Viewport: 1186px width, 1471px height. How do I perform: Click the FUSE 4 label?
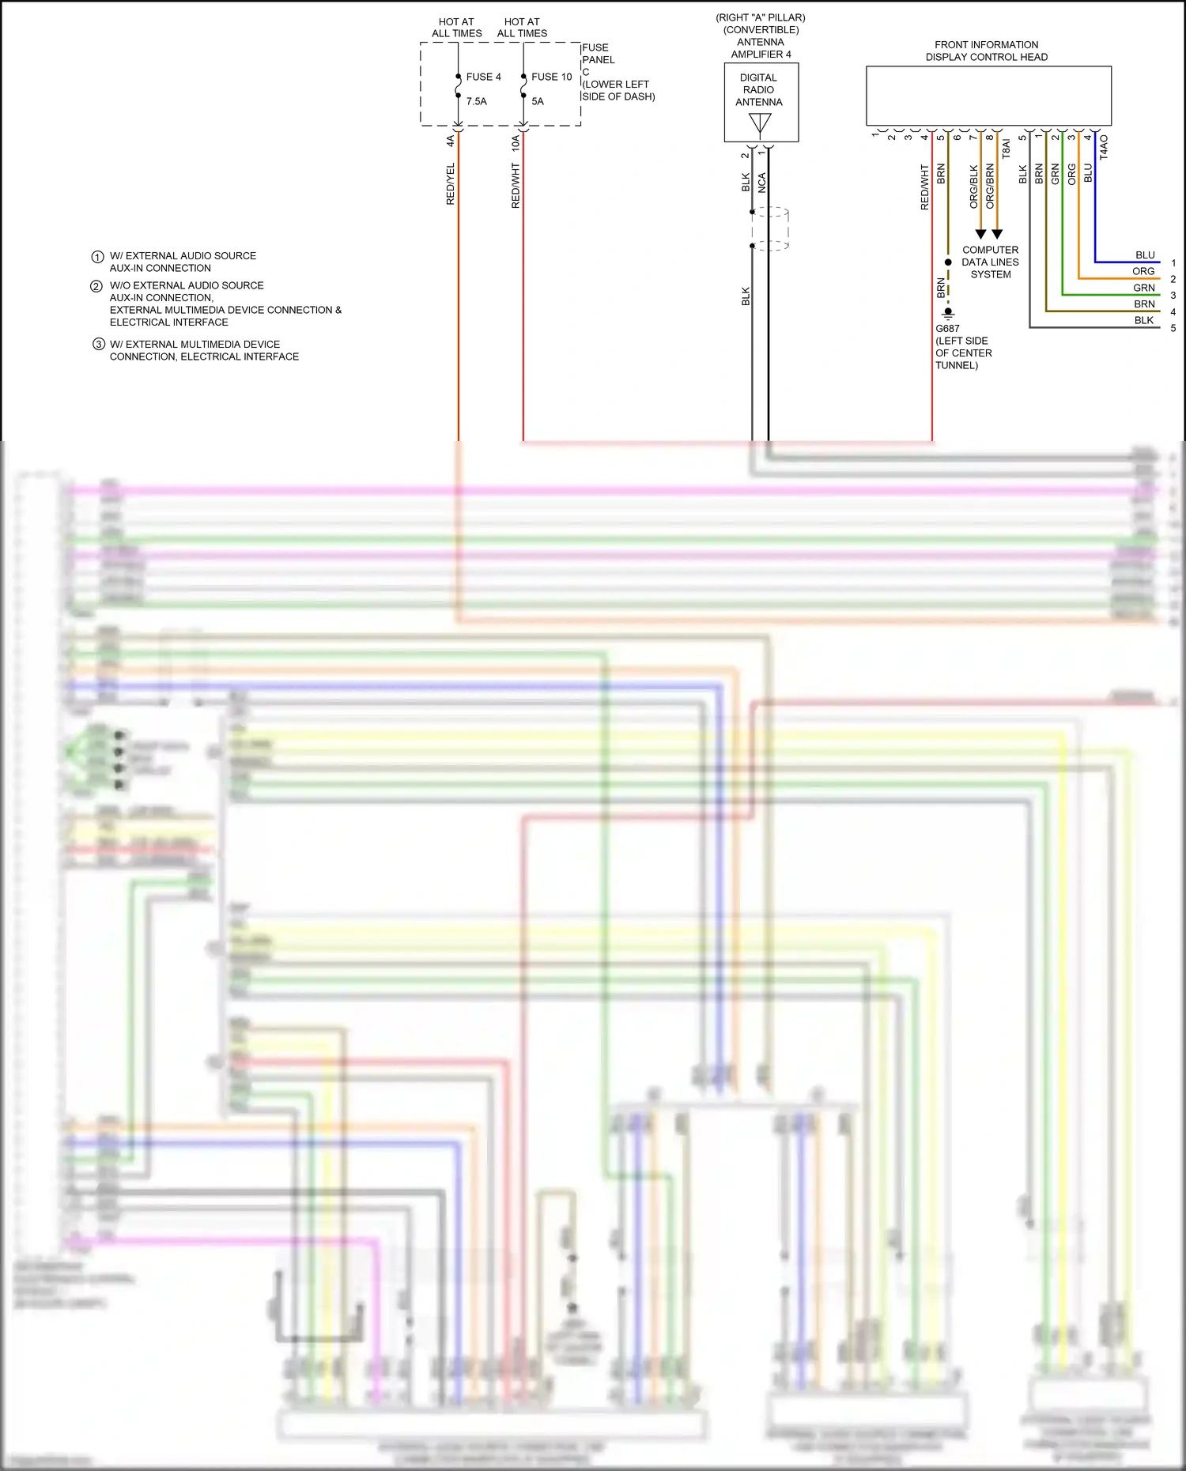(x=483, y=77)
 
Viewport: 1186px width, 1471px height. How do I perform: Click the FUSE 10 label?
(x=551, y=77)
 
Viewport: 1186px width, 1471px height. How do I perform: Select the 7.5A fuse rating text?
(x=477, y=101)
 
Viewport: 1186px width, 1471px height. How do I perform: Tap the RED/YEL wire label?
(x=451, y=184)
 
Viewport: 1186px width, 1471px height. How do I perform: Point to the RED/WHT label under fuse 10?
(x=516, y=187)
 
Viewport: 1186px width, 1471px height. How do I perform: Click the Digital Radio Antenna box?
(x=761, y=102)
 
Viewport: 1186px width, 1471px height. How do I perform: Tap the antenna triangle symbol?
(x=760, y=124)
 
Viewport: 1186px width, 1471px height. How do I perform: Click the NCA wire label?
(x=762, y=183)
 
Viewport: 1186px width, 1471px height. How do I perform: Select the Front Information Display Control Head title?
(x=986, y=51)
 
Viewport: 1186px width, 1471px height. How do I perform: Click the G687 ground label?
(x=947, y=329)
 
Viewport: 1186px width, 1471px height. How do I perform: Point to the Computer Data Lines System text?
(x=990, y=262)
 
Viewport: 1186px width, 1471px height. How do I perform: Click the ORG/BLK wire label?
(x=973, y=187)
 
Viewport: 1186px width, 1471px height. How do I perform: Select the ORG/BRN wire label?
(x=990, y=187)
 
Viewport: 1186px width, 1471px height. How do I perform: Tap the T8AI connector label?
(x=1007, y=149)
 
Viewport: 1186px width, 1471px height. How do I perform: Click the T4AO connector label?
(x=1104, y=147)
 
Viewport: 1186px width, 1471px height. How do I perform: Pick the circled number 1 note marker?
(x=97, y=257)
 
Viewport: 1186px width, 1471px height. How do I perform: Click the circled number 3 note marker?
(x=99, y=345)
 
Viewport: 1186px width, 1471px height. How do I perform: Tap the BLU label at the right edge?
(x=1144, y=255)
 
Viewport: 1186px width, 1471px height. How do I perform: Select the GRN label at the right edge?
(x=1143, y=288)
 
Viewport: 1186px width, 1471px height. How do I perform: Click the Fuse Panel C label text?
(x=617, y=72)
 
